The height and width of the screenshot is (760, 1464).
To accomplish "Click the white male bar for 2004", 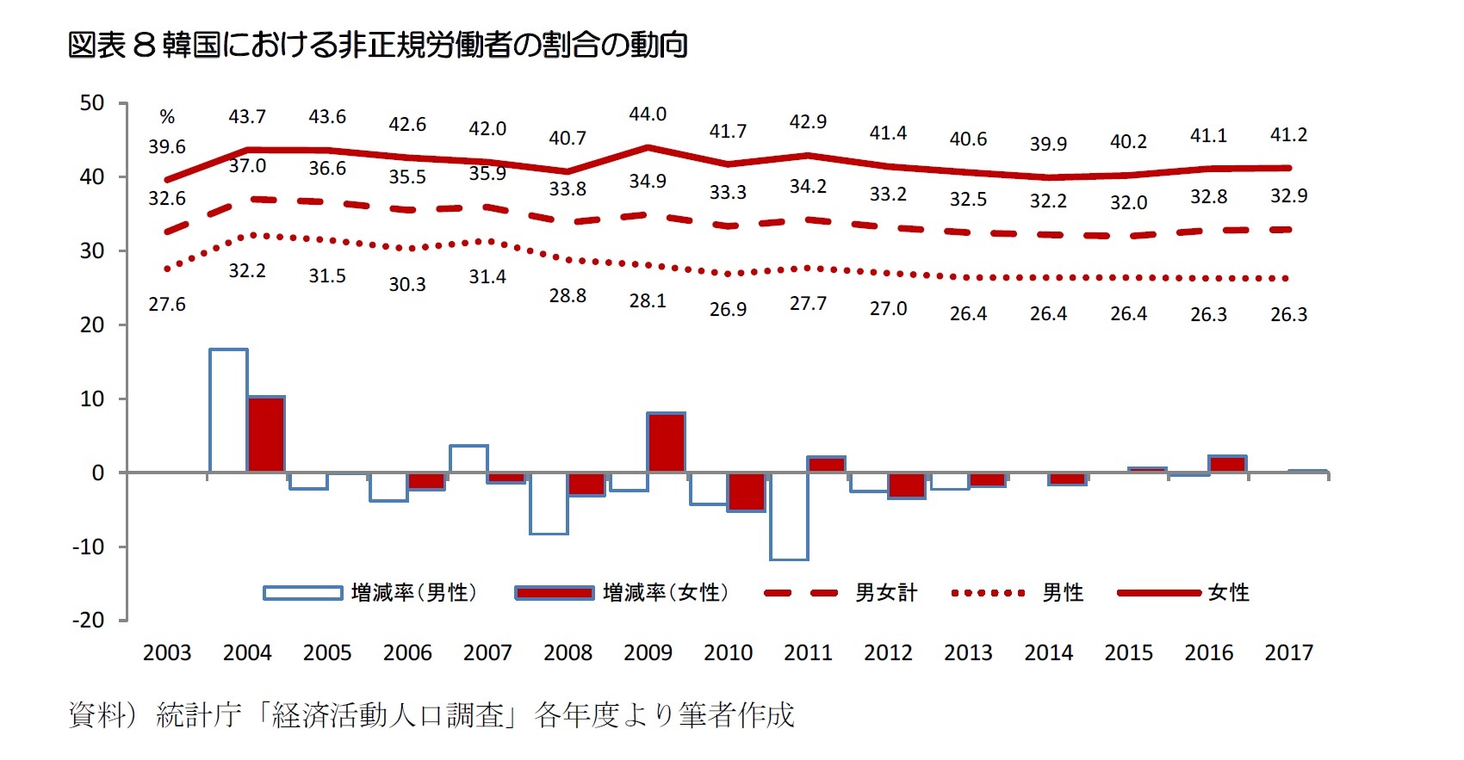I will pos(228,411).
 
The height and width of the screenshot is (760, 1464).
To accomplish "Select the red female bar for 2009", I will pos(666,442).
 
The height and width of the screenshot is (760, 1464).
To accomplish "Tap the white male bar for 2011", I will pos(789,516).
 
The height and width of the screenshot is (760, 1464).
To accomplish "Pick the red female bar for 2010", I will pos(746,491).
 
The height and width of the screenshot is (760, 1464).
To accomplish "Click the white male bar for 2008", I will pos(549,504).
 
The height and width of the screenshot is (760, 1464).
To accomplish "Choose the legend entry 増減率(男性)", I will pos(369,593).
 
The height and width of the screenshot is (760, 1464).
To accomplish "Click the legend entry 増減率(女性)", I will pos(622,593).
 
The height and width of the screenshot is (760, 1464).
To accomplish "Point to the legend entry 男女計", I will pos(841,593).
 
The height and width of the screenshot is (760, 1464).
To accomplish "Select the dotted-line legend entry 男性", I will pos(1017,593).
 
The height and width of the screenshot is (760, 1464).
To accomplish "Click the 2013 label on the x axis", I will pos(968,653).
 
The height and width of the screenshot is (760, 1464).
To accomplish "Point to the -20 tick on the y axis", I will pos(88,621).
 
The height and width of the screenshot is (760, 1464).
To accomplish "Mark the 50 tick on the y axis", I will pos(92,103).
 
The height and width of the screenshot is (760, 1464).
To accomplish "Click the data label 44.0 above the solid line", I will pos(648,114).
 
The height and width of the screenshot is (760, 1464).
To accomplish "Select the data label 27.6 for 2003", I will pos(167,305).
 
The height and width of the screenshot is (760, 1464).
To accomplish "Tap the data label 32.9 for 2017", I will pos(1288,196).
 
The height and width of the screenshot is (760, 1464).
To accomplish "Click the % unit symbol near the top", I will pos(167,117).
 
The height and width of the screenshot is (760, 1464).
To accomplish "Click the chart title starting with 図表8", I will pos(377,45).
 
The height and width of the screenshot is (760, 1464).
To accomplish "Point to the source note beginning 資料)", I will pos(431,715).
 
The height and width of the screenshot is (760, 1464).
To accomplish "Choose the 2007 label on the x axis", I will pos(487,653).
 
